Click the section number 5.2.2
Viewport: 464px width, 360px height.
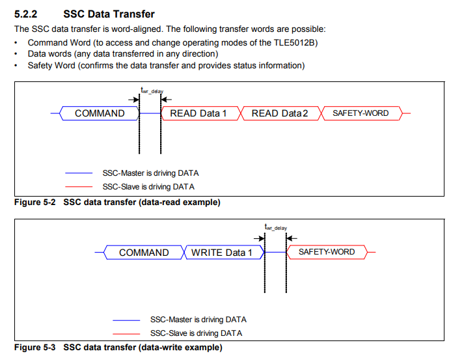coord(26,14)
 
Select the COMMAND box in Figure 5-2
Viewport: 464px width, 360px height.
coord(100,113)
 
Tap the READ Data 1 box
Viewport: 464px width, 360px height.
coord(200,113)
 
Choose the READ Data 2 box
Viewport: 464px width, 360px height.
coord(280,113)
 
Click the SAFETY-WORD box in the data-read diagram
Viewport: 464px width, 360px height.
coord(362,113)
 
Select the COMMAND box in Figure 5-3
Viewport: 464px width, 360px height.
coord(144,252)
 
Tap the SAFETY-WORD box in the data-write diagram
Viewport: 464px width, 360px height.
coord(327,252)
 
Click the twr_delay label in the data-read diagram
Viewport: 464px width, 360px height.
coord(152,90)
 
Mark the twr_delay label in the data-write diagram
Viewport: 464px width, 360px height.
coord(275,227)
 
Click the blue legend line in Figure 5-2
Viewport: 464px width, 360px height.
coord(79,173)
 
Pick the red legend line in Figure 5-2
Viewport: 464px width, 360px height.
coord(79,187)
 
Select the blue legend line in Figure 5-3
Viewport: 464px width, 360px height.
coord(126,320)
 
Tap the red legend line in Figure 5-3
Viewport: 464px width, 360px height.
coord(126,334)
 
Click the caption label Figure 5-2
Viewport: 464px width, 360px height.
coord(35,202)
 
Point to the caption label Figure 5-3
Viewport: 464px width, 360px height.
coord(35,347)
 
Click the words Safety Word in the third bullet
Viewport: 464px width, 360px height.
coord(51,66)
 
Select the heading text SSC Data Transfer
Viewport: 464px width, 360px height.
coord(109,14)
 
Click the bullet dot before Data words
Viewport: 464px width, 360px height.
coord(16,54)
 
